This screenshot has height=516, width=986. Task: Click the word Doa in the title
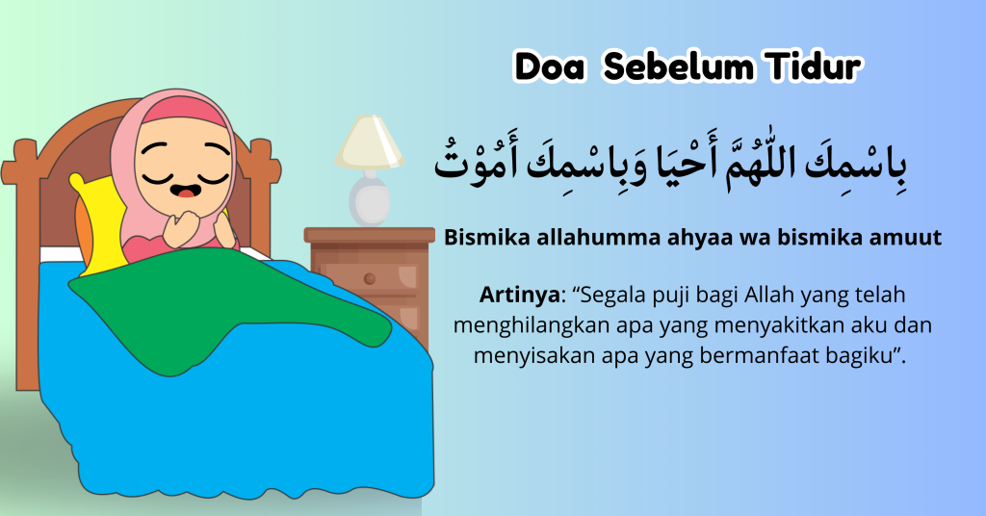(x=550, y=66)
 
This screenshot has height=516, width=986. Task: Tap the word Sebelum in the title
(x=678, y=66)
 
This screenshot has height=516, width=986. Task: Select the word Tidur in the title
(x=814, y=66)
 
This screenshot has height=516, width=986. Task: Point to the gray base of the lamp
(x=370, y=199)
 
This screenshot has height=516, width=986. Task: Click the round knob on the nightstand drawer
(x=370, y=278)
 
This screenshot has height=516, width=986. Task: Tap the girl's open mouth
(x=186, y=190)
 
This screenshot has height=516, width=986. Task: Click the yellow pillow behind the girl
(x=100, y=225)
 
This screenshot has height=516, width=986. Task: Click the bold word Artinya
(x=519, y=295)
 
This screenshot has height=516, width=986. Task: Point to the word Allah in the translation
(x=769, y=295)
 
